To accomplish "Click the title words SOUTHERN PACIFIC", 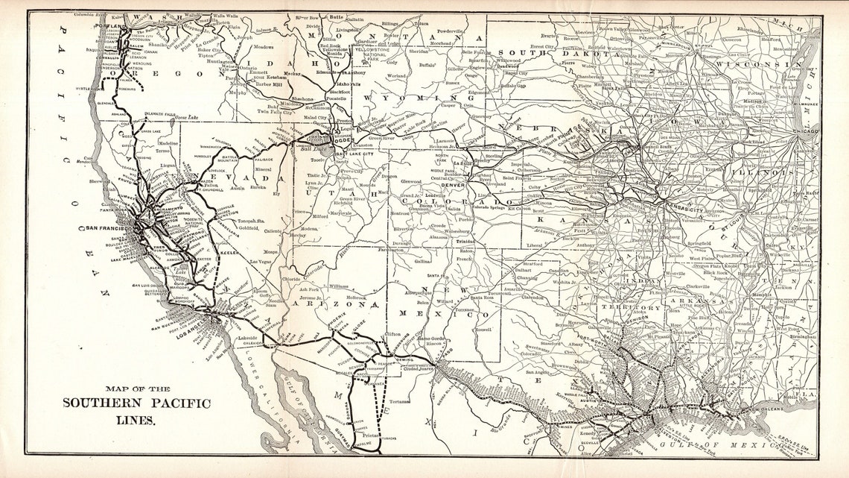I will click(136, 403).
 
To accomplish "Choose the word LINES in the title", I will click(136, 420).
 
